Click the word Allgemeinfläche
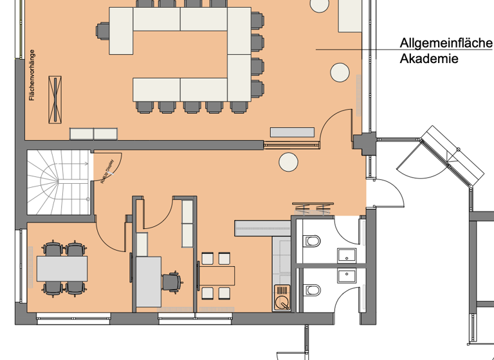446,44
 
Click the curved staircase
58,184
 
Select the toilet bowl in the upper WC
312,241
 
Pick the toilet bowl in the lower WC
312,290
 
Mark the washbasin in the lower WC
347,276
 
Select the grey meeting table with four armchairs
62,268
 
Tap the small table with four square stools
215,275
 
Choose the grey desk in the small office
148,282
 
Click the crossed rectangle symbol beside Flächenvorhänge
56,99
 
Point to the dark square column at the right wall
363,143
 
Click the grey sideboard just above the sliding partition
293,132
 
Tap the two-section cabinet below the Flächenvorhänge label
94,134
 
